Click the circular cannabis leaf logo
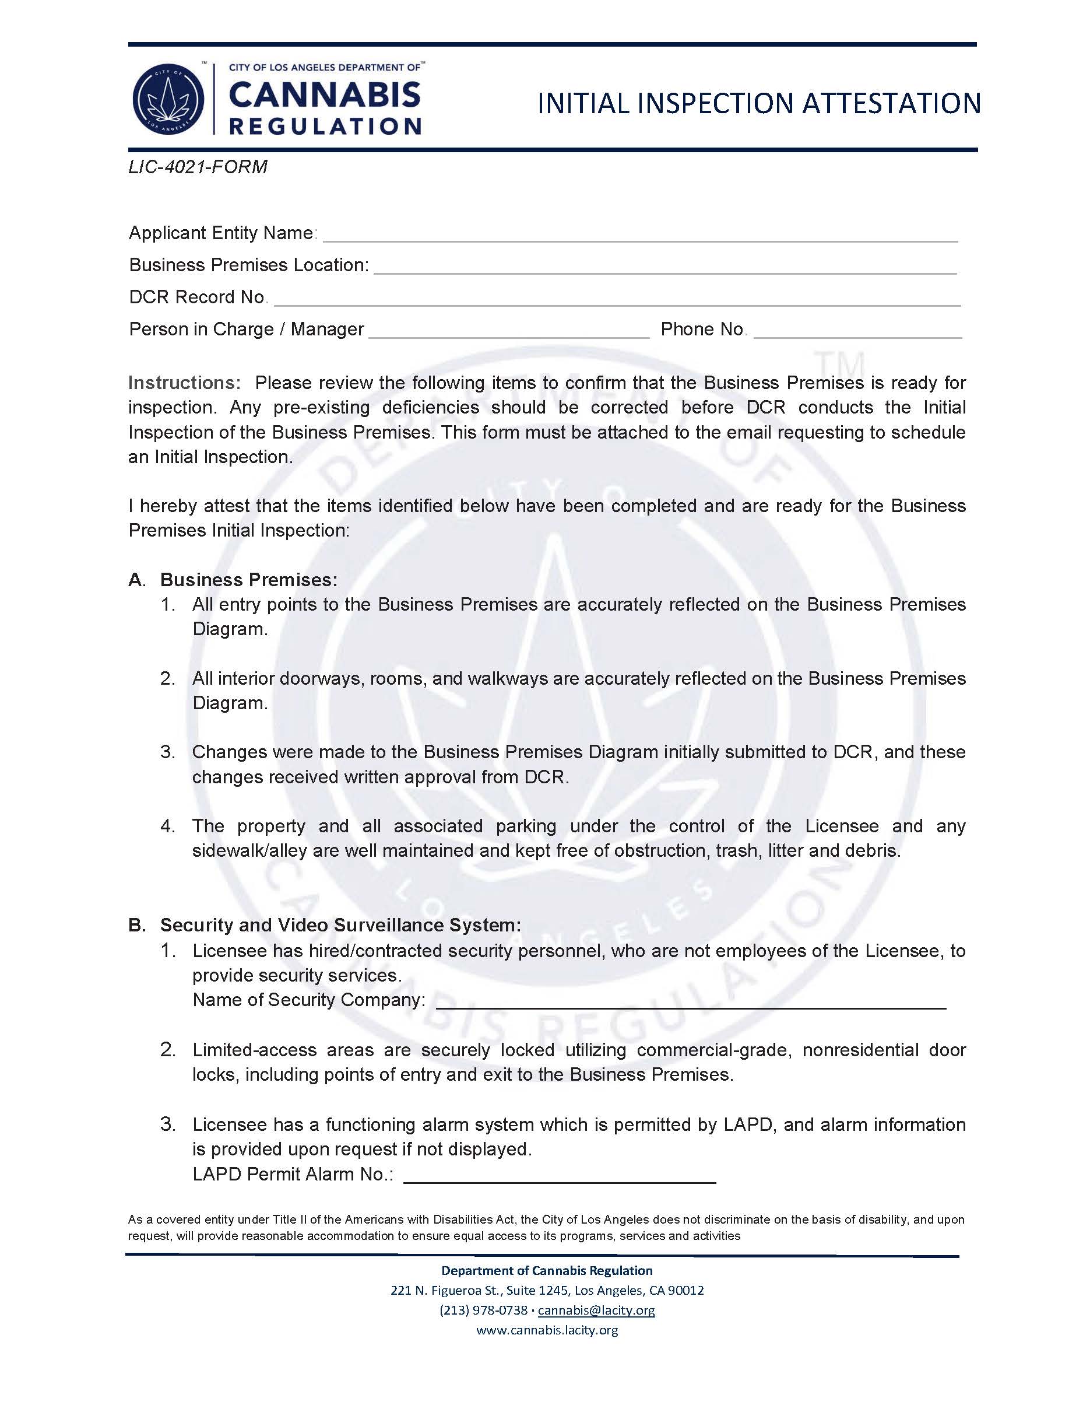pyautogui.click(x=168, y=100)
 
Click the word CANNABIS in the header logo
pyautogui.click(x=324, y=96)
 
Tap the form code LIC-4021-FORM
pyautogui.click(x=198, y=167)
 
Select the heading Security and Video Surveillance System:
pyautogui.click(x=340, y=925)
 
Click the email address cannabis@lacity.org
pyautogui.click(x=596, y=1311)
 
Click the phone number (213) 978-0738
pyautogui.click(x=483, y=1311)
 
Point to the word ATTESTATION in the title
pyautogui.click(x=891, y=104)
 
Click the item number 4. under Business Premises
pyautogui.click(x=167, y=826)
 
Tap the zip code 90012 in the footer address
pyautogui.click(x=686, y=1291)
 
